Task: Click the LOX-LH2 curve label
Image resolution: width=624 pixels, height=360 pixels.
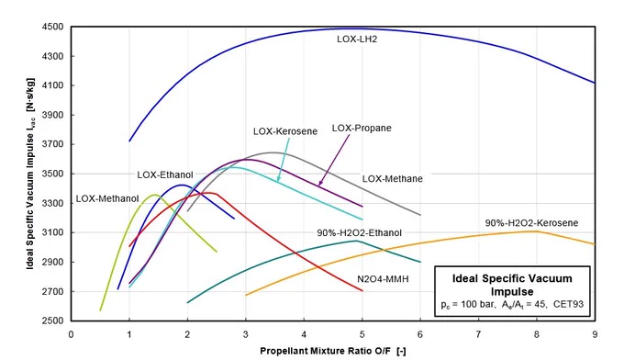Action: tap(357, 39)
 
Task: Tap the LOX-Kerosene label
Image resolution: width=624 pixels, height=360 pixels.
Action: tap(285, 131)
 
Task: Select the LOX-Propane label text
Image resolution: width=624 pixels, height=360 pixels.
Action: tap(362, 129)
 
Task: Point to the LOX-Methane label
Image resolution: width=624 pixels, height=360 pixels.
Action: tap(393, 179)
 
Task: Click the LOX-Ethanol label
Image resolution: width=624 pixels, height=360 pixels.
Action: tap(165, 174)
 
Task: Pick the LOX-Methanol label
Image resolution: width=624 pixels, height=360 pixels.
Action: tap(107, 198)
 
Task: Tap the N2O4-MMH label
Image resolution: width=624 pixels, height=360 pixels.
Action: tap(383, 279)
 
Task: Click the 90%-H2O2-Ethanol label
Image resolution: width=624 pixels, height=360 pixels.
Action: tap(360, 233)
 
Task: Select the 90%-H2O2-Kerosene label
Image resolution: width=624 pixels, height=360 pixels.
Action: tap(531, 223)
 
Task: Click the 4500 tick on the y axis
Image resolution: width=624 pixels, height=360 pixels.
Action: tap(52, 27)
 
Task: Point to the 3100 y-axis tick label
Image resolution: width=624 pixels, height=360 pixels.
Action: tap(52, 232)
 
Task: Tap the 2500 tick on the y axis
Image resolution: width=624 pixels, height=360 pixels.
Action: tap(52, 321)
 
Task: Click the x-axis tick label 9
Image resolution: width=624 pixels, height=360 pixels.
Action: tap(595, 334)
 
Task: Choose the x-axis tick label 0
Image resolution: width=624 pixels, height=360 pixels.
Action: tap(71, 334)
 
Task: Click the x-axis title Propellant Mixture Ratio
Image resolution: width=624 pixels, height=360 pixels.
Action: tap(316, 351)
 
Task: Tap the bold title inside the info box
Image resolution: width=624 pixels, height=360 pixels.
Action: tap(512, 285)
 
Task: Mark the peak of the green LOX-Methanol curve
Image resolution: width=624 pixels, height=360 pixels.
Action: tap(155, 195)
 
